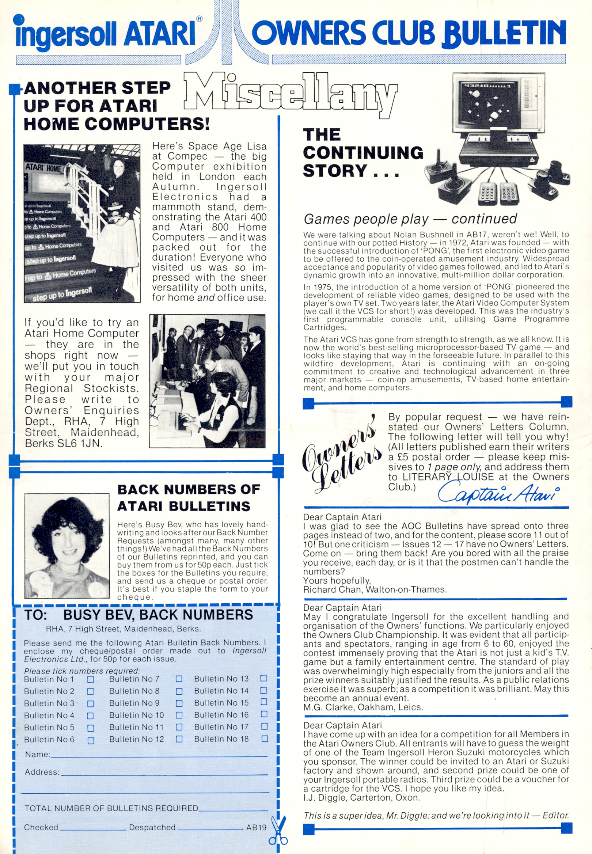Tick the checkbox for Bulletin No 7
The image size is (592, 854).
(x=179, y=679)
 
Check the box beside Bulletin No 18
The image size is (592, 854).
(x=265, y=739)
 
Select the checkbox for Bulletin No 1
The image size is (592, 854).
(x=90, y=679)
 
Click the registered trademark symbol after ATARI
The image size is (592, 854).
(x=199, y=19)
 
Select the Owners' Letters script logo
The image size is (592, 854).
(x=342, y=455)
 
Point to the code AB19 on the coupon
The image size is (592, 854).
(x=256, y=827)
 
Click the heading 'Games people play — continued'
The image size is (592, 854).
(x=410, y=219)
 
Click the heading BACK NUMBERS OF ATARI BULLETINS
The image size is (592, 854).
(x=189, y=498)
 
